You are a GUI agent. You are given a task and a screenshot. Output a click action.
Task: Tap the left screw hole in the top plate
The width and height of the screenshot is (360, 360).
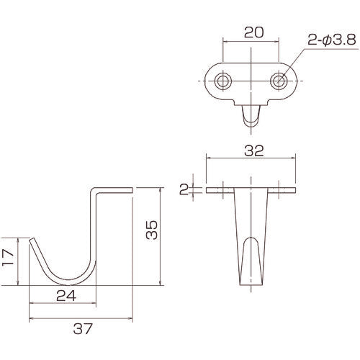pos(223,79)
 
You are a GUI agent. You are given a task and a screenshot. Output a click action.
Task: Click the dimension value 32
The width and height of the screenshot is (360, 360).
pos(251,152)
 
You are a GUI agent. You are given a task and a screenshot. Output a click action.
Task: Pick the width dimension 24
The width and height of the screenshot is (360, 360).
pos(63,294)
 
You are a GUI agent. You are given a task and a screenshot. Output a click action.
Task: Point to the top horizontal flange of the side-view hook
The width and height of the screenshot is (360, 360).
pos(112,189)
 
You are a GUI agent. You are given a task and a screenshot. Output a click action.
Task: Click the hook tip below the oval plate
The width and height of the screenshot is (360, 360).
pos(250,119)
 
